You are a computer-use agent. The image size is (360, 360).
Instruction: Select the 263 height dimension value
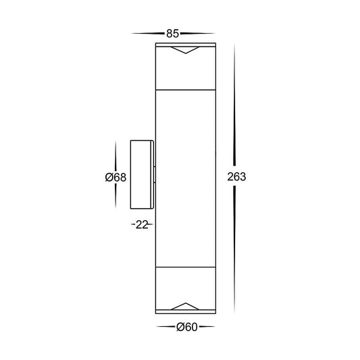(x=236, y=177)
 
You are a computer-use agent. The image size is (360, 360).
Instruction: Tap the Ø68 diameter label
(x=115, y=177)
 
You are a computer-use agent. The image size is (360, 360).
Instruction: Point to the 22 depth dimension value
(x=140, y=224)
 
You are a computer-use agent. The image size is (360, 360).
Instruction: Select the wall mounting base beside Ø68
(x=142, y=176)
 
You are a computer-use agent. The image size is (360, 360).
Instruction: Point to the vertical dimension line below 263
(x=236, y=250)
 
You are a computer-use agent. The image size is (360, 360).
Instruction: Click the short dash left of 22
(x=132, y=224)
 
